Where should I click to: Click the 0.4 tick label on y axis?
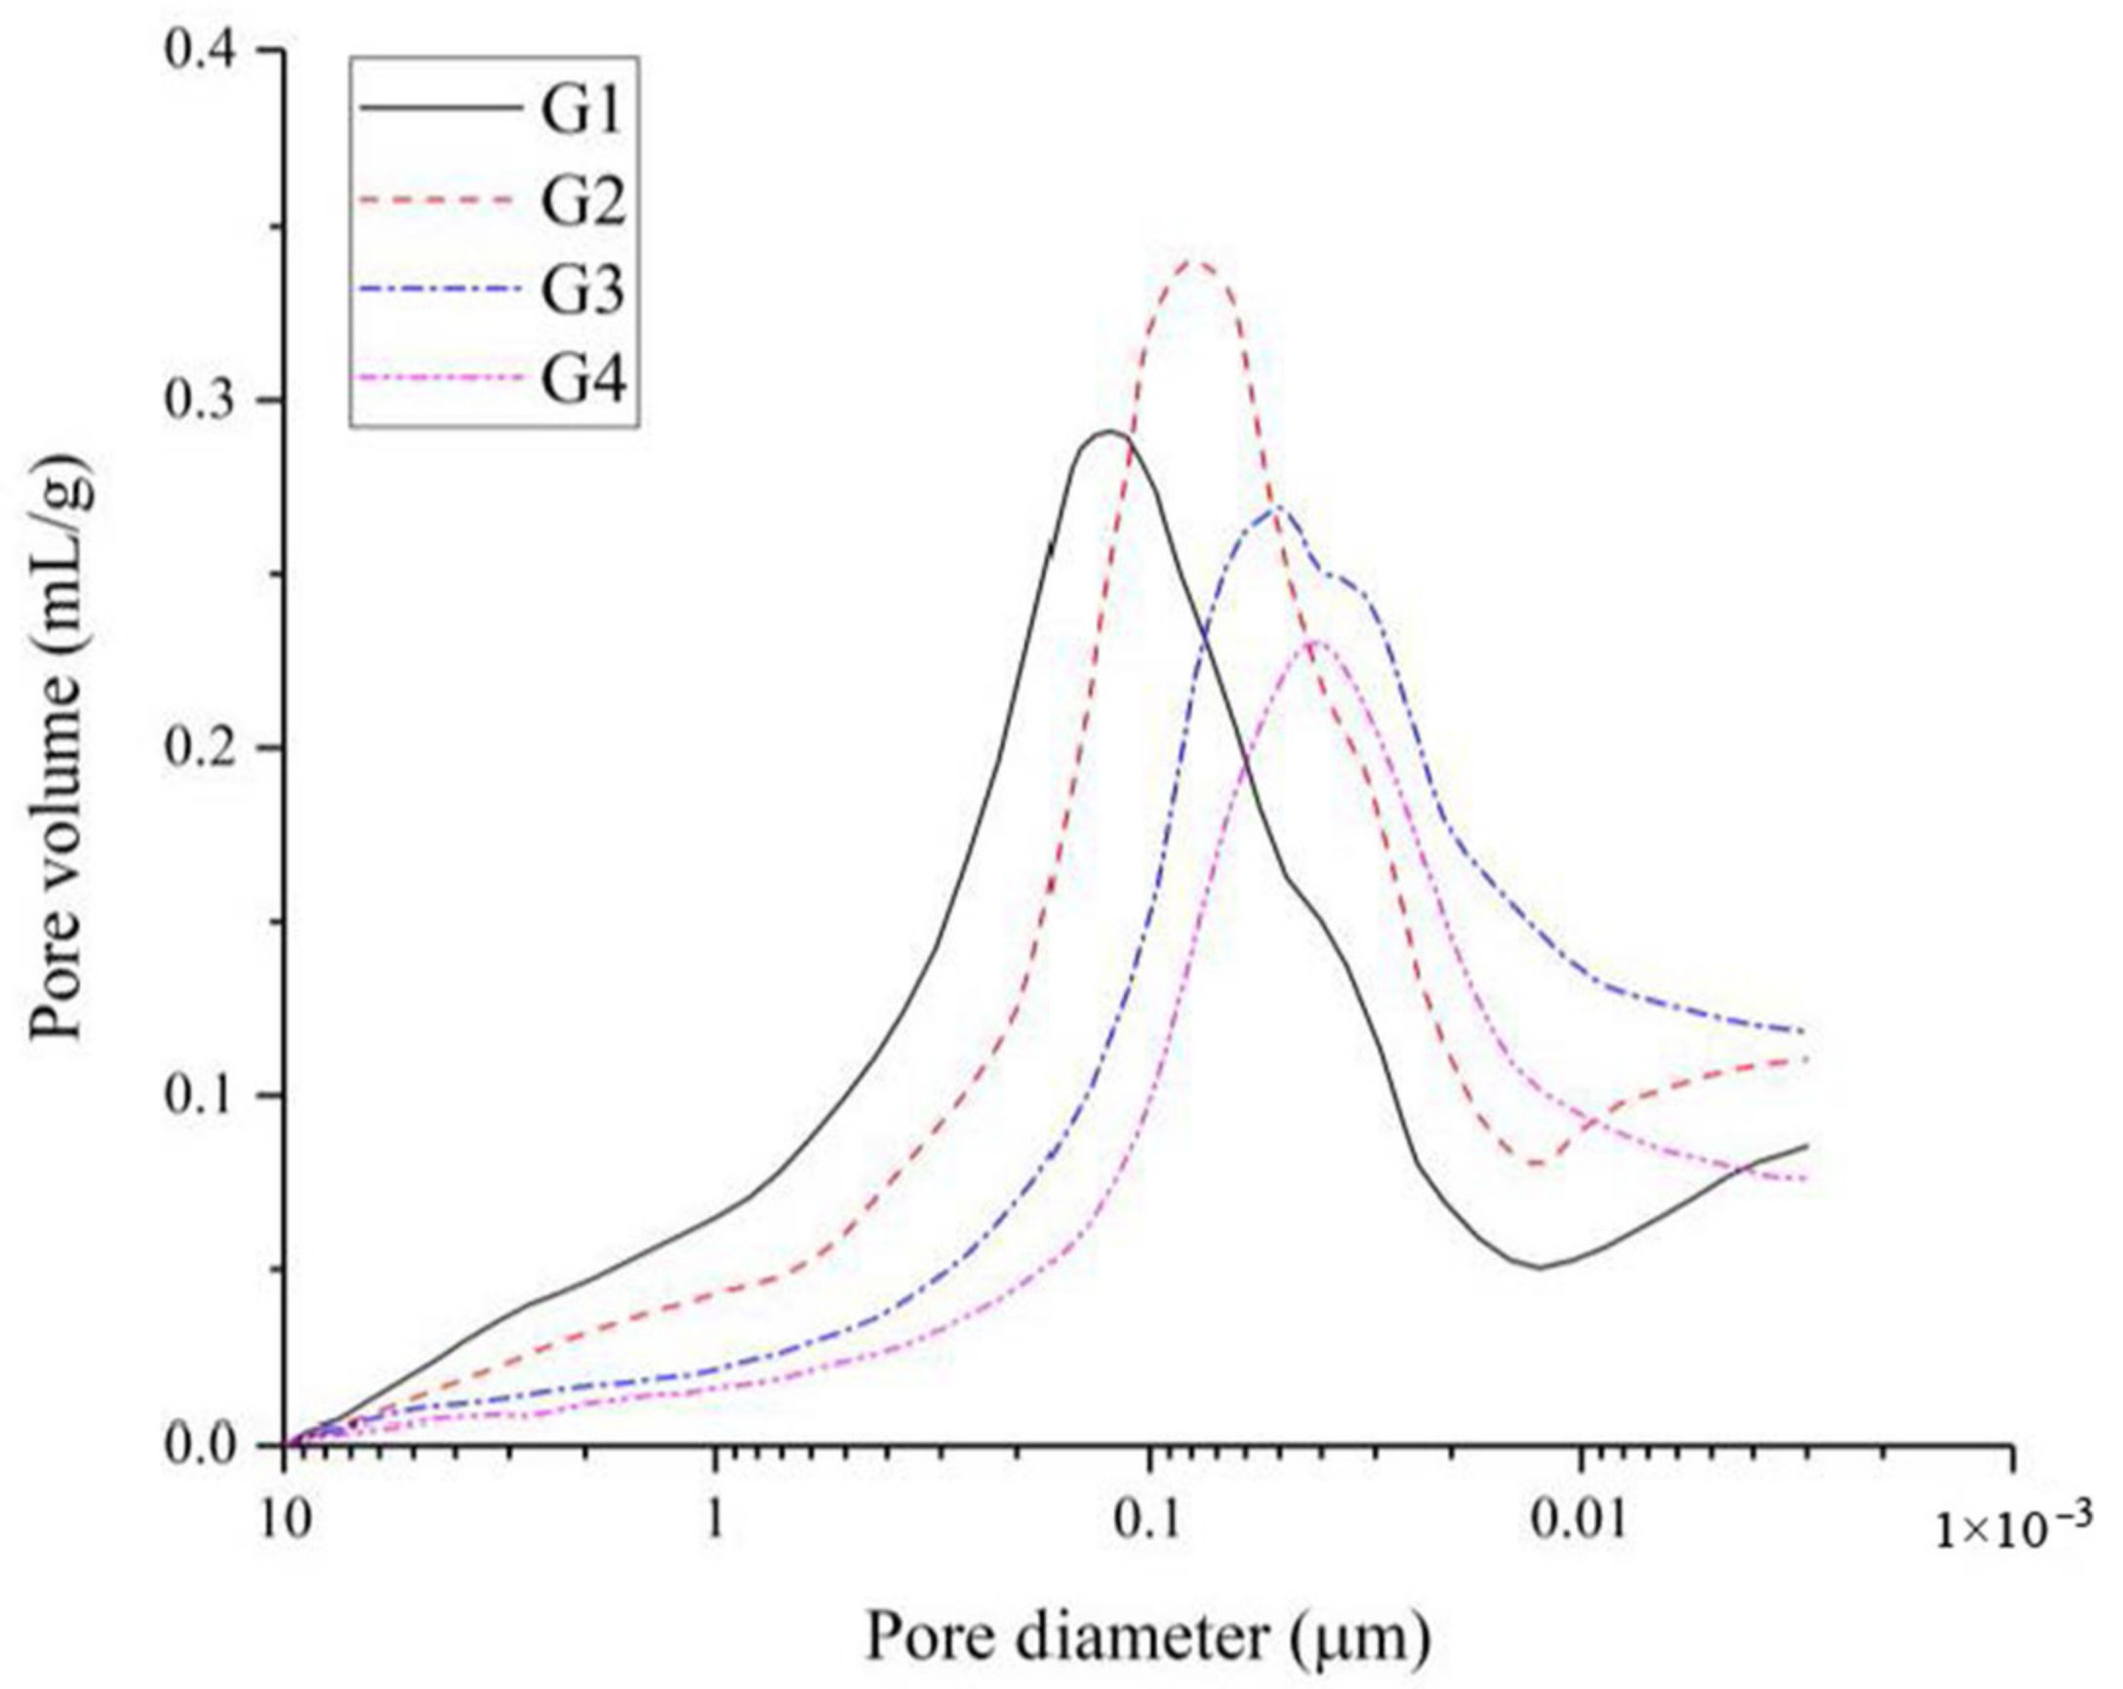pos(209,51)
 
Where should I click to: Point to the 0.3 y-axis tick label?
pos(209,401)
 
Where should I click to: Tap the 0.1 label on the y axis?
pos(209,1095)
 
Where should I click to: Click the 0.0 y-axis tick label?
pos(209,1444)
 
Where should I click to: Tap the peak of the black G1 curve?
pos(1110,431)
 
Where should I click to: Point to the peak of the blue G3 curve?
pos(1276,508)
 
